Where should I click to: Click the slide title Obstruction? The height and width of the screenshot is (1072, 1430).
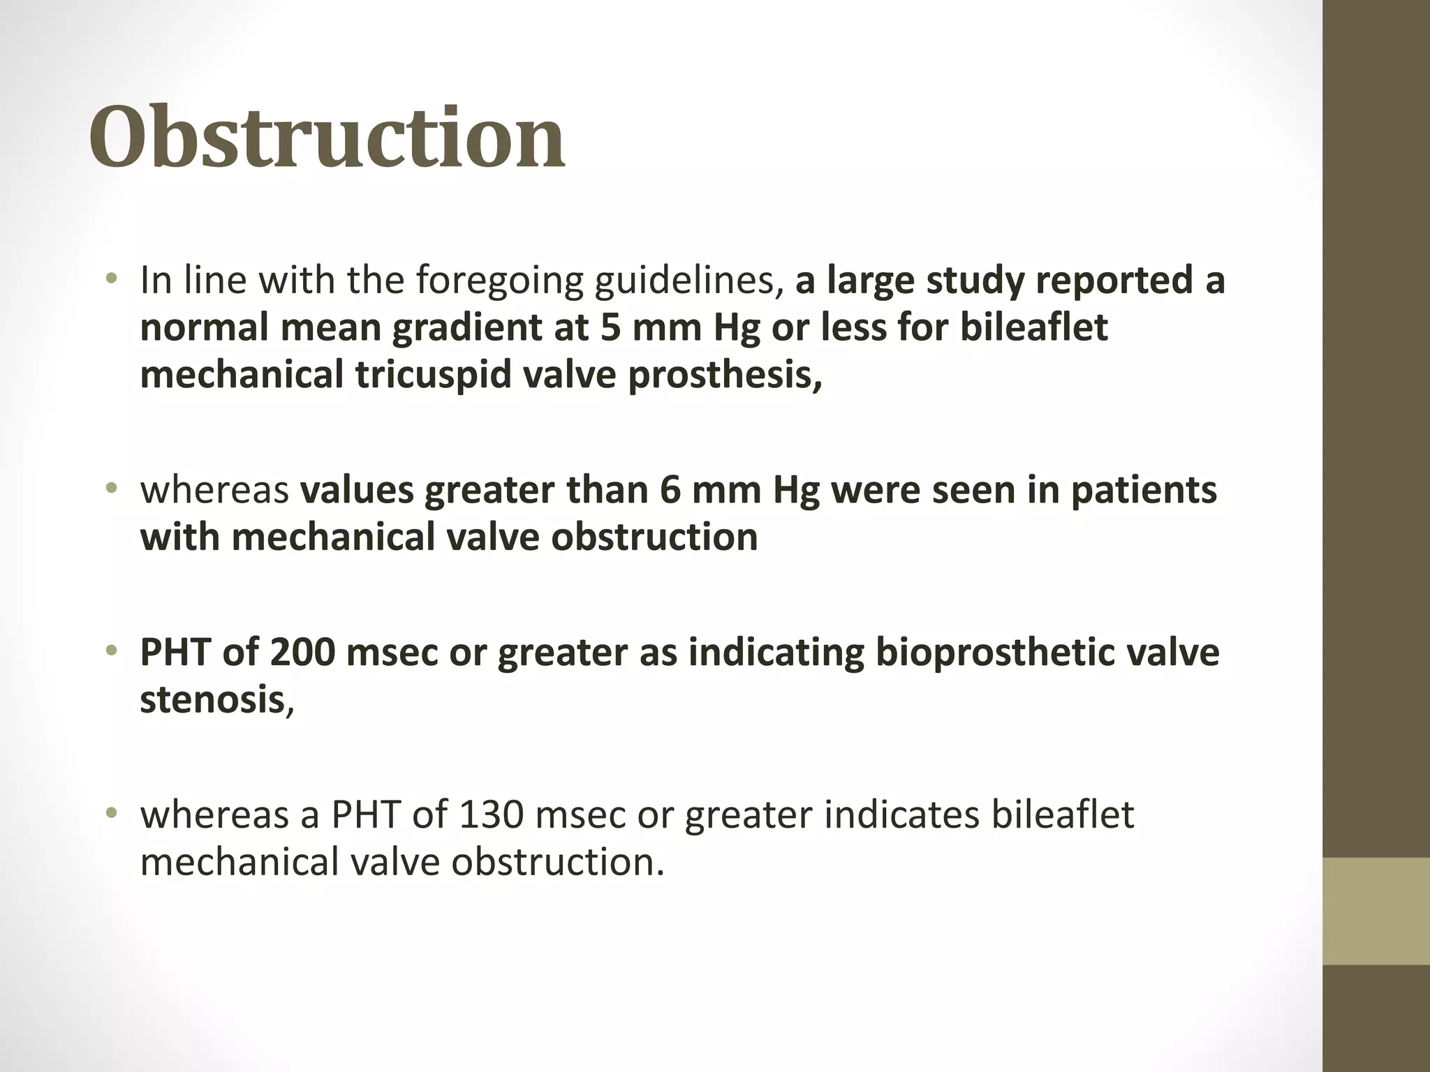coord(327,137)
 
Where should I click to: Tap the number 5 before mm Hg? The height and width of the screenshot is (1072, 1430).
coord(610,328)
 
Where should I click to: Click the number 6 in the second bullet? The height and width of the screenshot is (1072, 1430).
coord(670,490)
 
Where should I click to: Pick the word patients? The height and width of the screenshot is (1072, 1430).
coord(1144,490)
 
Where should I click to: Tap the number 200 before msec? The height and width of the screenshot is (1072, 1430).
coord(302,653)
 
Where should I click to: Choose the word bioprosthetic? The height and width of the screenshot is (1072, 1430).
coord(1001,653)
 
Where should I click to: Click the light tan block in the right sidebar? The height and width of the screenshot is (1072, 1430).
coord(1376,911)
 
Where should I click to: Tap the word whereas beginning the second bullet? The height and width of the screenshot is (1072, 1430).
coord(214,490)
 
